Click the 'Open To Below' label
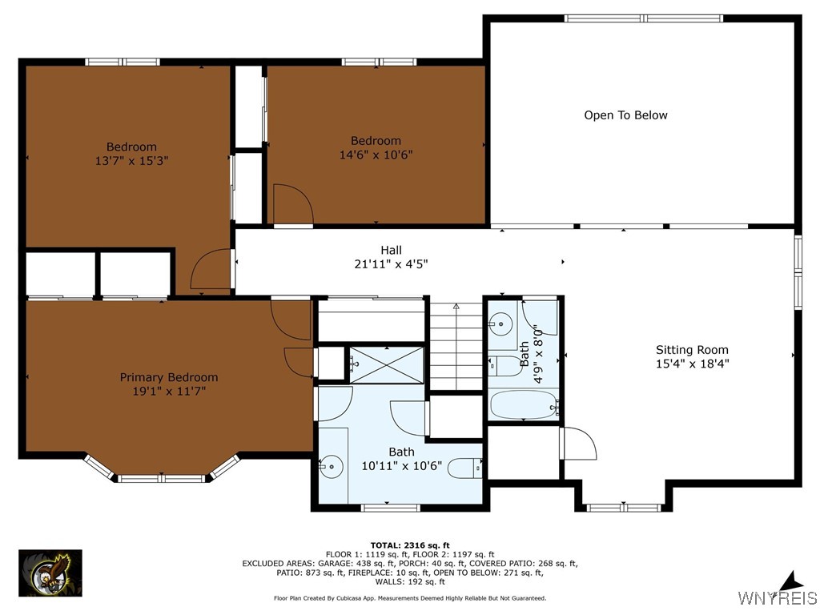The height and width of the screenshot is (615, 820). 625,115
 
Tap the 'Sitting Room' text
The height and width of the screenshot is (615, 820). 692,350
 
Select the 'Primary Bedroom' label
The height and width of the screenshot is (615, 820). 169,377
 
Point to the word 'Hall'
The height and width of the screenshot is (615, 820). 391,251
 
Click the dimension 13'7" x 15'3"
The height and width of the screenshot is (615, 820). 131,160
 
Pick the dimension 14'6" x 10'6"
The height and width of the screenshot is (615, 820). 376,155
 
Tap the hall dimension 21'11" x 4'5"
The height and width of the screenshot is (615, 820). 391,264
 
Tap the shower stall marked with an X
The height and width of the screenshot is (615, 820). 386,365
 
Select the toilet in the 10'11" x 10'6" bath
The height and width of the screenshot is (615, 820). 464,468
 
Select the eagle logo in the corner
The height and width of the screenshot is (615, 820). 50,573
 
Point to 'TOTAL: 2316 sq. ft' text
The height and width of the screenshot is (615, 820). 409,545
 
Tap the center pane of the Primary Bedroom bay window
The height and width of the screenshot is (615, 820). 163,479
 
